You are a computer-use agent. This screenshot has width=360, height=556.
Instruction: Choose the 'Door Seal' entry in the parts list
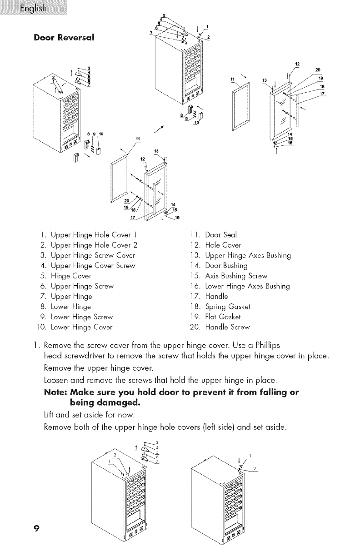tap(221, 235)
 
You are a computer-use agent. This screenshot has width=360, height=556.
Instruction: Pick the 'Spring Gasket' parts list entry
tap(228, 307)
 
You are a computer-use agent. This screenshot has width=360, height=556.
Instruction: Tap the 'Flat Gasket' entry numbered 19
tap(225, 317)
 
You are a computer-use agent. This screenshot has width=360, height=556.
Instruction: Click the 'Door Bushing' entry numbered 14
tap(226, 266)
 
